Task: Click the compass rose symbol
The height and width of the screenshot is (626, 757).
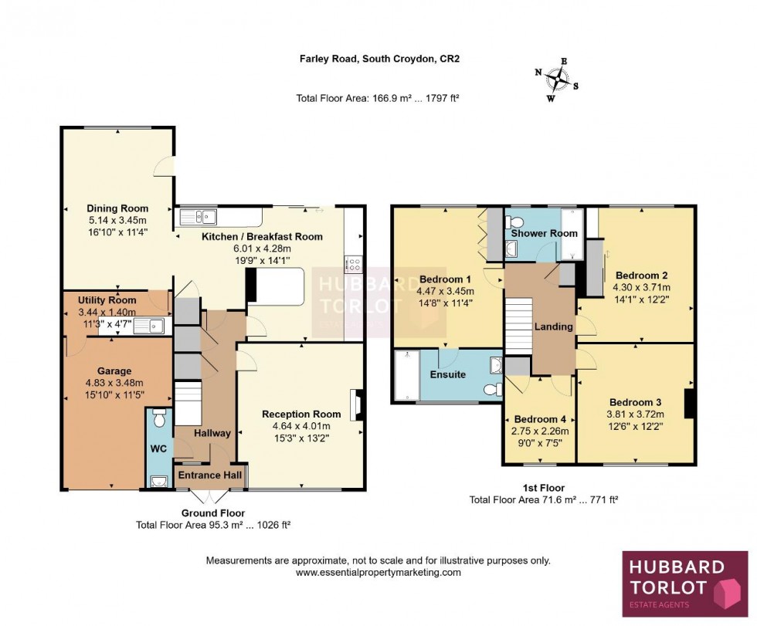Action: pos(557,78)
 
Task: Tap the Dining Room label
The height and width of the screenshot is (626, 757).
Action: pos(117,208)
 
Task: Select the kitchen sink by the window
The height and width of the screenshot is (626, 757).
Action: pos(199,217)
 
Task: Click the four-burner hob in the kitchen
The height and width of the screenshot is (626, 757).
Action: pos(355,265)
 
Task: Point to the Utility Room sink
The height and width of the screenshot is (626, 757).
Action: pos(149,326)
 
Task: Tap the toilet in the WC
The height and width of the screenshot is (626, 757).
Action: pos(160,418)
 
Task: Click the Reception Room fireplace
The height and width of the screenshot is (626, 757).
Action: pos(356,404)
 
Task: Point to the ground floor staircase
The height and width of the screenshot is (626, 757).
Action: pos(187,402)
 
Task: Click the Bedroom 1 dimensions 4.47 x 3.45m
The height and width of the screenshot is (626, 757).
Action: pos(446,292)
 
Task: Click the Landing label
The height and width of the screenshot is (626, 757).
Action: pos(554,327)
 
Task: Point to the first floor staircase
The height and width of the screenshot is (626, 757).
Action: pos(519,324)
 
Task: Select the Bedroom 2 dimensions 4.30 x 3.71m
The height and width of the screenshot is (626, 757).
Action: pos(640,287)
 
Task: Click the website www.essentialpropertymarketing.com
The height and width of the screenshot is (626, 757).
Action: pos(378,572)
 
